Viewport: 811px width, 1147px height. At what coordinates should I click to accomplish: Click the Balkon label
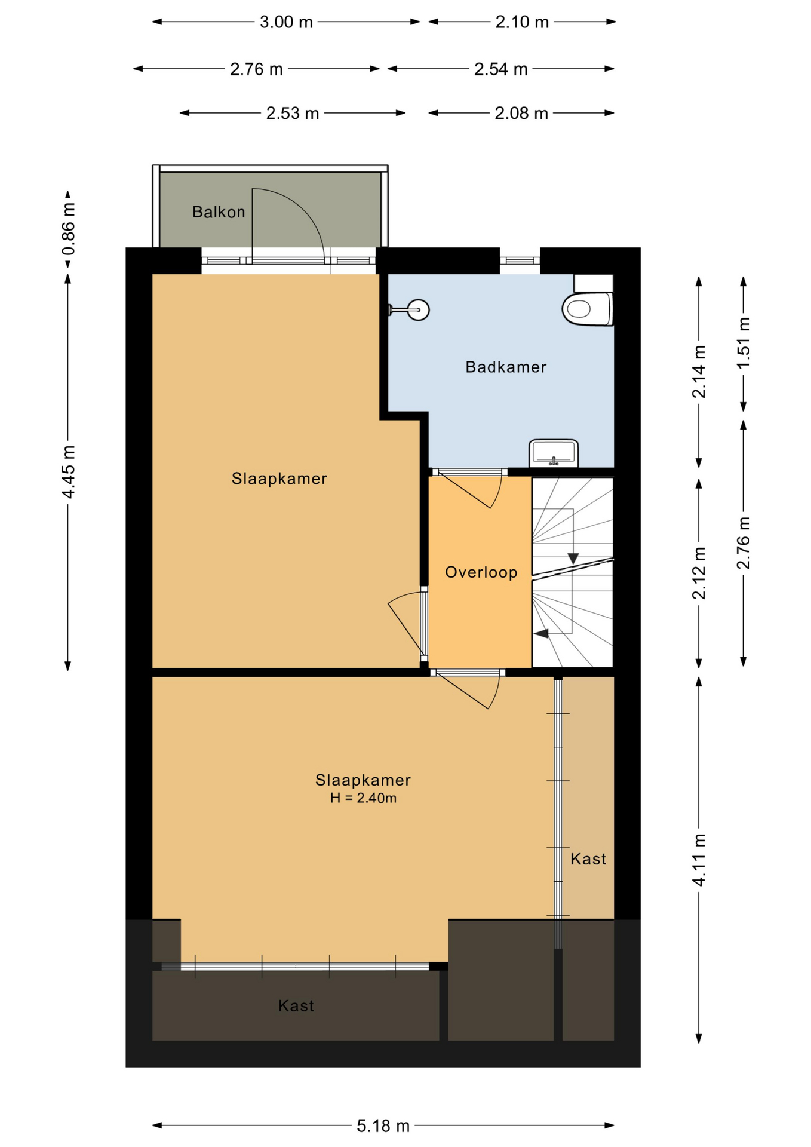pyautogui.click(x=219, y=212)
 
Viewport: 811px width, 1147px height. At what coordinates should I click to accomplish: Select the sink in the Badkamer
pyautogui.click(x=554, y=453)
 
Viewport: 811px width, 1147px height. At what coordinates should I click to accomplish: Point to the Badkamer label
pyautogui.click(x=506, y=367)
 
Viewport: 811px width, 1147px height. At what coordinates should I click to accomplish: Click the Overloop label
pyautogui.click(x=481, y=572)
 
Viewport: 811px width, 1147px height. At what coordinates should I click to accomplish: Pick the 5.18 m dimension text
pyautogui.click(x=383, y=1126)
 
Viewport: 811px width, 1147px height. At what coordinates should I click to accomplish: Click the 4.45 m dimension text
pyautogui.click(x=68, y=472)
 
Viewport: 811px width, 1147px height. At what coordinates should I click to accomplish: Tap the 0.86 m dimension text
pyautogui.click(x=68, y=229)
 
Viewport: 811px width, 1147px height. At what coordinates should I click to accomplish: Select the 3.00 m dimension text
pyautogui.click(x=286, y=22)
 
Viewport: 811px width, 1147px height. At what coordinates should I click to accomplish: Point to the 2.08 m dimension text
pyautogui.click(x=521, y=113)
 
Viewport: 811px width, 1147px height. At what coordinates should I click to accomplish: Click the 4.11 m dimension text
pyautogui.click(x=699, y=860)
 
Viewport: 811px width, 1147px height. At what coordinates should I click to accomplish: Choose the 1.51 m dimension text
pyautogui.click(x=744, y=344)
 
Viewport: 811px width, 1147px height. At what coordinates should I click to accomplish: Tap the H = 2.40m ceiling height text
pyautogui.click(x=363, y=798)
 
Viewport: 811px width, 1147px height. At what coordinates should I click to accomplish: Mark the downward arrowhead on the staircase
pyautogui.click(x=573, y=559)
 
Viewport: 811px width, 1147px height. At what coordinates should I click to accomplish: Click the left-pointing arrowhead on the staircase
pyautogui.click(x=541, y=633)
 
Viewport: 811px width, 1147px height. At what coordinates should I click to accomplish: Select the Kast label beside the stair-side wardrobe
pyautogui.click(x=588, y=859)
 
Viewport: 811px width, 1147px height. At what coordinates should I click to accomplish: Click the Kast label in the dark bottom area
pyautogui.click(x=296, y=1006)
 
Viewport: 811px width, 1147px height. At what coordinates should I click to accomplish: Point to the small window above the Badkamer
pyautogui.click(x=520, y=260)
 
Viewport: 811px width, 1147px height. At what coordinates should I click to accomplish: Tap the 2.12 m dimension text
pyautogui.click(x=699, y=572)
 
